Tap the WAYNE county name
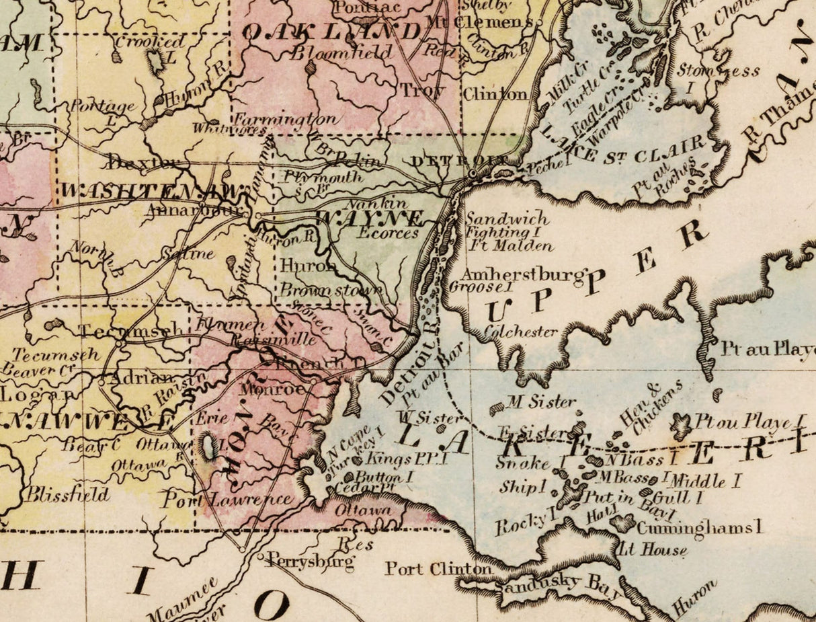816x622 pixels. tap(370, 219)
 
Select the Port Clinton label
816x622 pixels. tap(438, 569)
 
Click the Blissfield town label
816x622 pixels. tap(67, 496)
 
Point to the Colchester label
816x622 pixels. tap(521, 332)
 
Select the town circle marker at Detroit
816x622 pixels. tap(473, 173)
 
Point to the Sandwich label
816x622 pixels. tap(507, 219)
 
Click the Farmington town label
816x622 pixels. tap(285, 119)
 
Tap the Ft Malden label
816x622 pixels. tap(512, 245)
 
